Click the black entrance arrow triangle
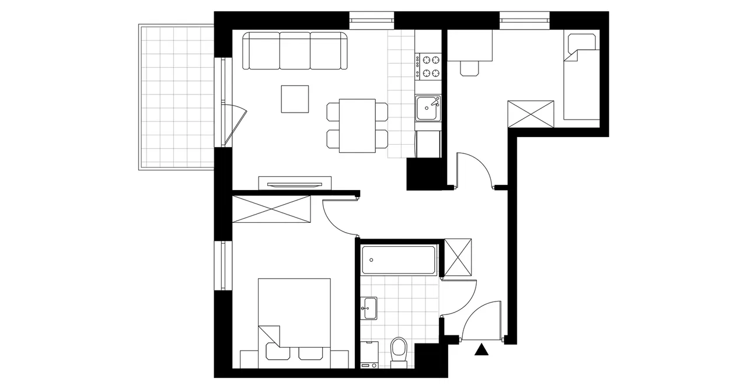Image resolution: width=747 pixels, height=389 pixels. tap(481, 350)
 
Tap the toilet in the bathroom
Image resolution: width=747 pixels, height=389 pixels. tap(399, 352)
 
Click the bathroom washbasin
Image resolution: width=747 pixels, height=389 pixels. tap(368, 308)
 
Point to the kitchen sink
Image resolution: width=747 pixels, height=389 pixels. tap(429, 108)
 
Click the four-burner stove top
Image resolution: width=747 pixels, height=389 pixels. tap(429, 66)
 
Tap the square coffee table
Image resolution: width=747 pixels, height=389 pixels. tap(295, 99)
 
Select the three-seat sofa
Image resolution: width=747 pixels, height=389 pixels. tap(295, 51)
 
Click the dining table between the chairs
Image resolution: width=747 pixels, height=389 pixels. tap(357, 125)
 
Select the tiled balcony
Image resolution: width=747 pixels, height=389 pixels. tap(175, 96)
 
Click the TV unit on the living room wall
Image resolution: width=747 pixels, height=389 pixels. tap(295, 183)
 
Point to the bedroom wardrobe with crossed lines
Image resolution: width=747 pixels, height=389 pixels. tap(271, 209)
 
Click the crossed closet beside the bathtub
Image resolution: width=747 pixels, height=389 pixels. tap(458, 257)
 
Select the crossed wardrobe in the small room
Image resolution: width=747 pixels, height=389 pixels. tap(530, 114)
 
